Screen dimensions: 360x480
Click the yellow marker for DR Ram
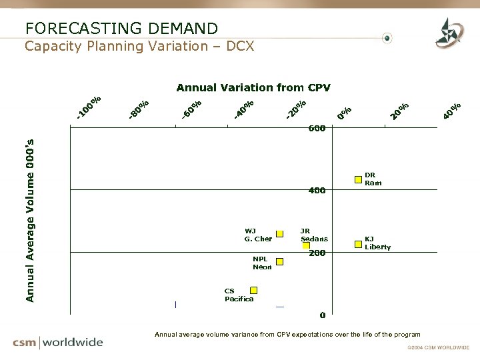359,179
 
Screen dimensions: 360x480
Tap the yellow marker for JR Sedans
306,245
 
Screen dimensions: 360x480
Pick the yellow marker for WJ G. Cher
280,233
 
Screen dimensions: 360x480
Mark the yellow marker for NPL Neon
280,262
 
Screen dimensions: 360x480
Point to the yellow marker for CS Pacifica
254,290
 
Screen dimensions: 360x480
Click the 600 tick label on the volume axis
317,128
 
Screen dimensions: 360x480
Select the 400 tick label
317,191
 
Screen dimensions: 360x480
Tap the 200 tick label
317,253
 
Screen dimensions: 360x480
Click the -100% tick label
88,109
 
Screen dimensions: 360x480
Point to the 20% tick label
399,111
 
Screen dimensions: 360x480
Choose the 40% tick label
452,111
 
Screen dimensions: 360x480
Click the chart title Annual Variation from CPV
253,87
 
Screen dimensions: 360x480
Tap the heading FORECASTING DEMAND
121,28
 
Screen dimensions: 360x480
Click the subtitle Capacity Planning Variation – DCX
139,46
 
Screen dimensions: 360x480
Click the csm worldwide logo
58,342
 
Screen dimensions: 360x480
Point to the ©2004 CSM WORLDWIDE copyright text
438,347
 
